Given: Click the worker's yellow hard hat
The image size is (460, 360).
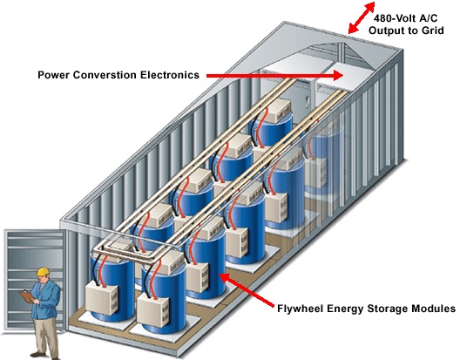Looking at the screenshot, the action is [x=43, y=271].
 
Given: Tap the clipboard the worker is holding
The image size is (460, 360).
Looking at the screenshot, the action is [x=27, y=297].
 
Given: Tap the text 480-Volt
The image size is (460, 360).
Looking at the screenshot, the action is [x=391, y=18].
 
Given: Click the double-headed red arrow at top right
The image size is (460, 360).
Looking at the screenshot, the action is [x=362, y=17].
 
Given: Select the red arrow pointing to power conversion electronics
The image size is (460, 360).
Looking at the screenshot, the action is [x=275, y=76].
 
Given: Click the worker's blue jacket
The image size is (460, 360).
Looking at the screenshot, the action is [x=46, y=300].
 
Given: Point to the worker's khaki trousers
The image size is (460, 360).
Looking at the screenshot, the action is [x=45, y=336].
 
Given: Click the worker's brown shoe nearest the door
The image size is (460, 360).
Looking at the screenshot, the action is [x=37, y=354].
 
